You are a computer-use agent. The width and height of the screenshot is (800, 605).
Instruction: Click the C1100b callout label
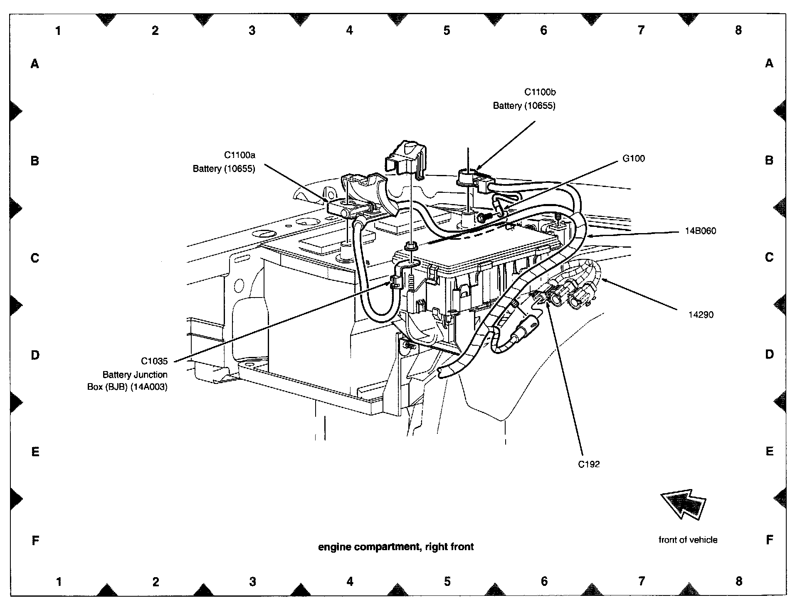click(540, 92)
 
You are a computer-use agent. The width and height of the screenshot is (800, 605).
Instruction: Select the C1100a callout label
click(240, 155)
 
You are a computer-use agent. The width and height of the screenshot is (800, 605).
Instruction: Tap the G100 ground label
click(633, 158)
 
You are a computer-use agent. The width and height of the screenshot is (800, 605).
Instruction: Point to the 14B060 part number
click(701, 231)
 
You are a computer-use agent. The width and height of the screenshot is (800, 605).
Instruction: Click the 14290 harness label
click(701, 315)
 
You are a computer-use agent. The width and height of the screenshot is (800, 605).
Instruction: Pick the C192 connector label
click(589, 464)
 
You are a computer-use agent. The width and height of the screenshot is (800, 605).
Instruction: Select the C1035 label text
click(154, 361)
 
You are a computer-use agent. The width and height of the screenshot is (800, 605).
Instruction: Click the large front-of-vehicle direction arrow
click(683, 504)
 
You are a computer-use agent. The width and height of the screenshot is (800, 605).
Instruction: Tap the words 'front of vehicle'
click(688, 540)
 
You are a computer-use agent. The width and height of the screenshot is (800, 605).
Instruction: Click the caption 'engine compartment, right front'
click(396, 547)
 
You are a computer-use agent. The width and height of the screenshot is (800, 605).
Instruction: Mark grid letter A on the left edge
click(35, 64)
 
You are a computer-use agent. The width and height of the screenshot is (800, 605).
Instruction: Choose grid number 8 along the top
click(738, 30)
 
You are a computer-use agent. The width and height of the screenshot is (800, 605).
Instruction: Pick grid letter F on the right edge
click(769, 540)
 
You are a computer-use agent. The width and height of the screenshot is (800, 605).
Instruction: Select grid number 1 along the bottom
click(59, 581)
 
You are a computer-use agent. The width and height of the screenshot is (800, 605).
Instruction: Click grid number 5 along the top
click(447, 30)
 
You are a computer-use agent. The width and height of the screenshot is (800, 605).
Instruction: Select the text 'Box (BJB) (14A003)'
click(127, 387)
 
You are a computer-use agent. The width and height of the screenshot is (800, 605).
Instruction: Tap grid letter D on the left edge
click(35, 355)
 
